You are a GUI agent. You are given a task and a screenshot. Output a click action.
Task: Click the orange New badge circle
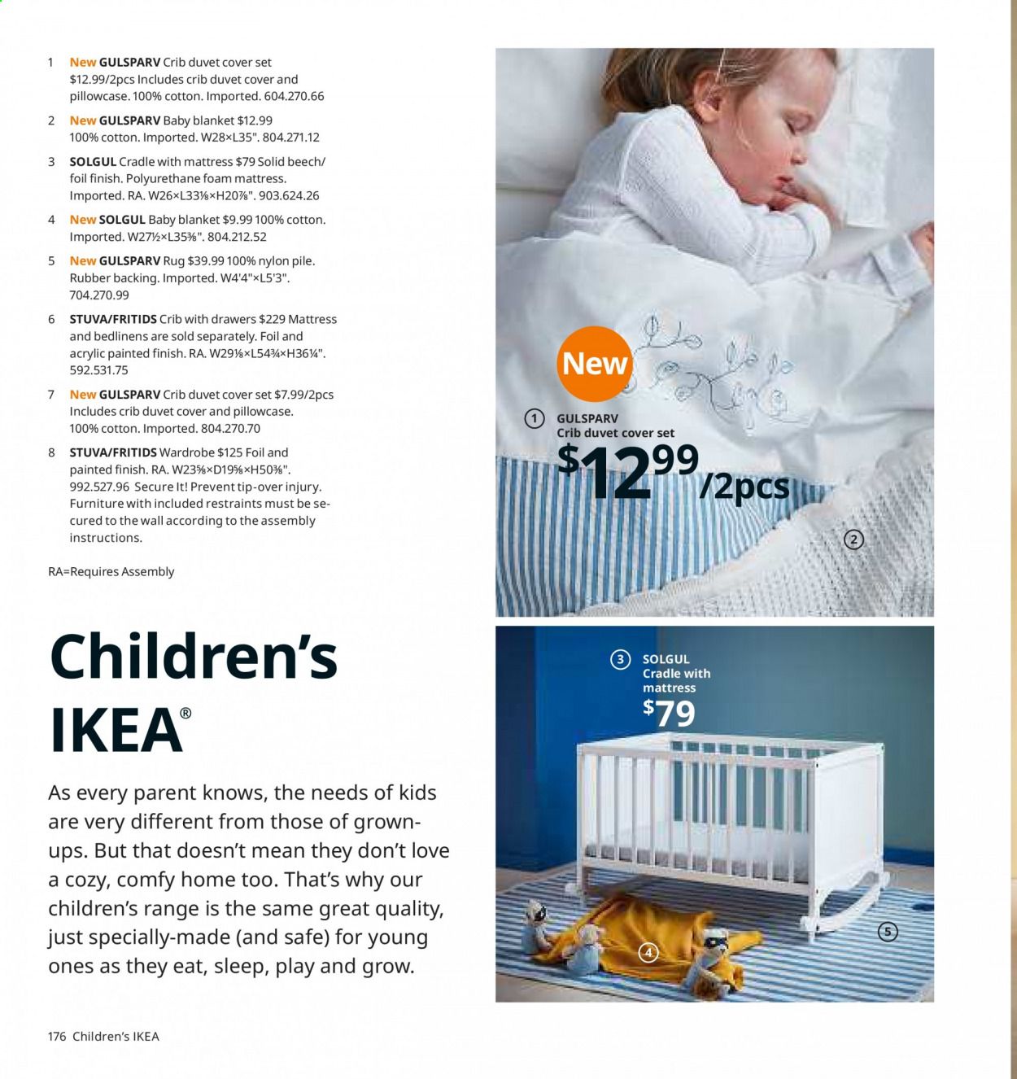pyautogui.click(x=595, y=363)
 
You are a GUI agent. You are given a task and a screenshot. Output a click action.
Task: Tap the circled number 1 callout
pyautogui.click(x=534, y=418)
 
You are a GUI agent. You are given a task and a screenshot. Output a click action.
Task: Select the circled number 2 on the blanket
pyautogui.click(x=853, y=539)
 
